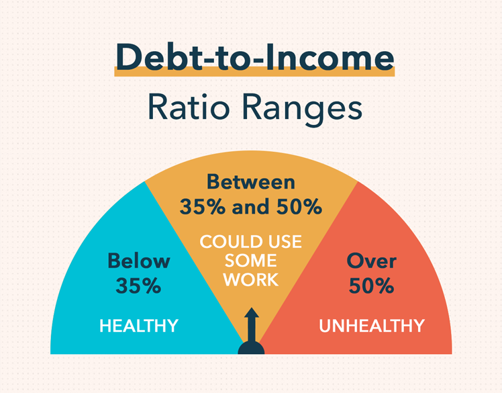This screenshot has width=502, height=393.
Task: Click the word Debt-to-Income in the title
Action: click(x=254, y=58)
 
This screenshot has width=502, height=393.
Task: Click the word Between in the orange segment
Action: click(x=250, y=182)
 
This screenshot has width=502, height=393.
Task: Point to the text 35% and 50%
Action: click(x=250, y=207)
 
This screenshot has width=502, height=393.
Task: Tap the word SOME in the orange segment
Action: click(x=250, y=261)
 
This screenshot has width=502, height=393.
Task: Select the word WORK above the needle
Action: click(x=250, y=279)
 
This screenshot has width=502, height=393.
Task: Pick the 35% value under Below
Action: click(x=138, y=286)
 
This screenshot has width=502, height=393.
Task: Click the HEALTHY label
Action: click(x=139, y=326)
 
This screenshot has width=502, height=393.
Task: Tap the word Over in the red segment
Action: click(x=371, y=261)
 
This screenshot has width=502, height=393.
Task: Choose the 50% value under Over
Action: click(x=371, y=286)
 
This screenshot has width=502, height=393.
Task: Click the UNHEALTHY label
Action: click(x=371, y=326)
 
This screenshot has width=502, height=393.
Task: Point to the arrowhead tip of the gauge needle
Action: click(x=252, y=312)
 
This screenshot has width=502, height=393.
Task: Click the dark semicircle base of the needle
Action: click(x=252, y=347)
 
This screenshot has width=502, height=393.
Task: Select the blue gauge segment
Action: click(x=101, y=302)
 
